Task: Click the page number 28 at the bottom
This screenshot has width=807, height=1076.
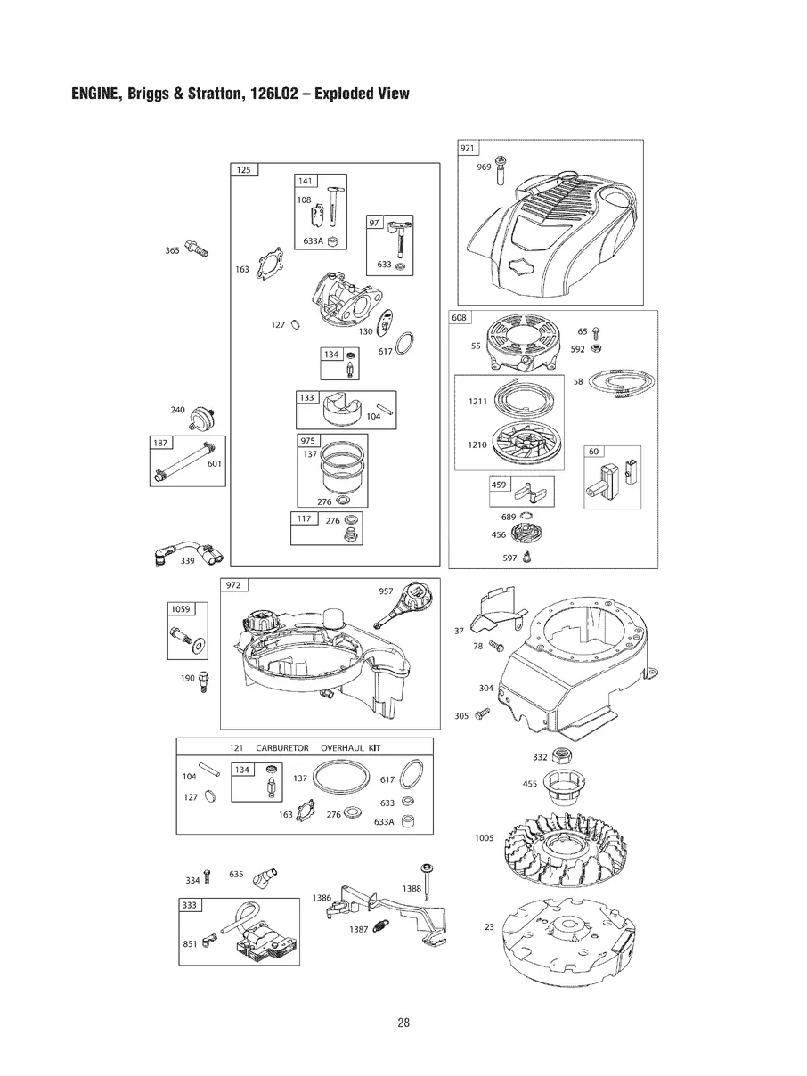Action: pos(403,1023)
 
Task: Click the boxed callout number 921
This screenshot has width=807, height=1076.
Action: pos(468,149)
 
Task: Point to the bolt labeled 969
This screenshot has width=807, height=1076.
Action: pos(501,166)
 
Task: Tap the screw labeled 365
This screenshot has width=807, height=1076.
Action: pos(197,247)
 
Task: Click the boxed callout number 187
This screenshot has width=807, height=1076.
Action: pos(160,443)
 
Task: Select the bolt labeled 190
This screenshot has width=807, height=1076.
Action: pos(205,681)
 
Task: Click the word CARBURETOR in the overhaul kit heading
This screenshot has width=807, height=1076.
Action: pos(282,747)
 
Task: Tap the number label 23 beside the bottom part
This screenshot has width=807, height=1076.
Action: pos(488,927)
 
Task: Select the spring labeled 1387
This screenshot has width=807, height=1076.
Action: pos(379,927)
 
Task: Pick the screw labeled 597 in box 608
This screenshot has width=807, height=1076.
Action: pos(526,558)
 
